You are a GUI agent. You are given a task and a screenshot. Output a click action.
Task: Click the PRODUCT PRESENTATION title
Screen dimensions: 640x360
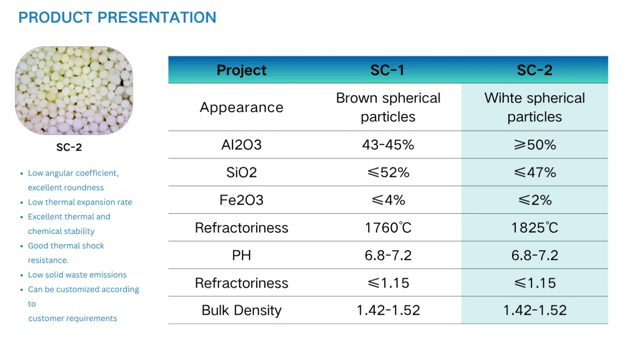coord(117,17)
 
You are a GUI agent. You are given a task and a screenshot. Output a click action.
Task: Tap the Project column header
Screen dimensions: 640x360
coord(241,70)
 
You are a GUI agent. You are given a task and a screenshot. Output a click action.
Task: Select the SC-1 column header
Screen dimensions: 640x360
coord(387,70)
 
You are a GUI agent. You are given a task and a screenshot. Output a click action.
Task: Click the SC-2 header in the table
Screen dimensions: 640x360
coord(535,70)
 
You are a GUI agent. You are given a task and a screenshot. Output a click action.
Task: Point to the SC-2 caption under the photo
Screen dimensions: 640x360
coord(69,147)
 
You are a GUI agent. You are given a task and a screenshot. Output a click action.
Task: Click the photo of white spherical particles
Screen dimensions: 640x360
coord(74,91)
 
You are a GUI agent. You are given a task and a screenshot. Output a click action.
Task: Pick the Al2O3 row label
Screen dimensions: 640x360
coord(241,144)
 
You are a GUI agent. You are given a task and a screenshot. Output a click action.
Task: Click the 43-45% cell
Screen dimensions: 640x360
coord(388,144)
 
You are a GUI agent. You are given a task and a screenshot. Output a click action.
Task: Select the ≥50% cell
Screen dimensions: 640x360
coord(535,144)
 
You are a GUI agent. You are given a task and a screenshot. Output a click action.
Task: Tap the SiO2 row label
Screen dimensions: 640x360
coord(241,172)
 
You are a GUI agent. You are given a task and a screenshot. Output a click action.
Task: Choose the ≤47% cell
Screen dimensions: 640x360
coord(535,172)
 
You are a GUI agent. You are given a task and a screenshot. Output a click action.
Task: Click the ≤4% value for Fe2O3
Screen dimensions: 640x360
coord(388,200)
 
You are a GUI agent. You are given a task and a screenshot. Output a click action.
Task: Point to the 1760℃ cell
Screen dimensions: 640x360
coord(388,228)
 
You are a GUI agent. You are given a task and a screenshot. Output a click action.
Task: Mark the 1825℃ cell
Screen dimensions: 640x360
coord(535,228)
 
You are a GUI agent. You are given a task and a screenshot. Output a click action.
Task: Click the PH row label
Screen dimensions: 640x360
coord(241,256)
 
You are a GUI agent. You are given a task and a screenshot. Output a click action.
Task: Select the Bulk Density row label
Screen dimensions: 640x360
coord(241,311)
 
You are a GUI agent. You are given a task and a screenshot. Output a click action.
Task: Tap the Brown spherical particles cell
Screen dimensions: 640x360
coord(388,107)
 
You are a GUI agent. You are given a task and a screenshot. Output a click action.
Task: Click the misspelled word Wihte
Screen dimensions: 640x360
coord(504,98)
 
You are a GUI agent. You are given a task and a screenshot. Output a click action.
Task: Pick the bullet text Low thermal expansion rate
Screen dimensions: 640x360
coord(80,202)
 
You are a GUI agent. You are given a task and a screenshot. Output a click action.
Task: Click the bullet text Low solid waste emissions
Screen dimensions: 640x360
coord(77,275)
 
